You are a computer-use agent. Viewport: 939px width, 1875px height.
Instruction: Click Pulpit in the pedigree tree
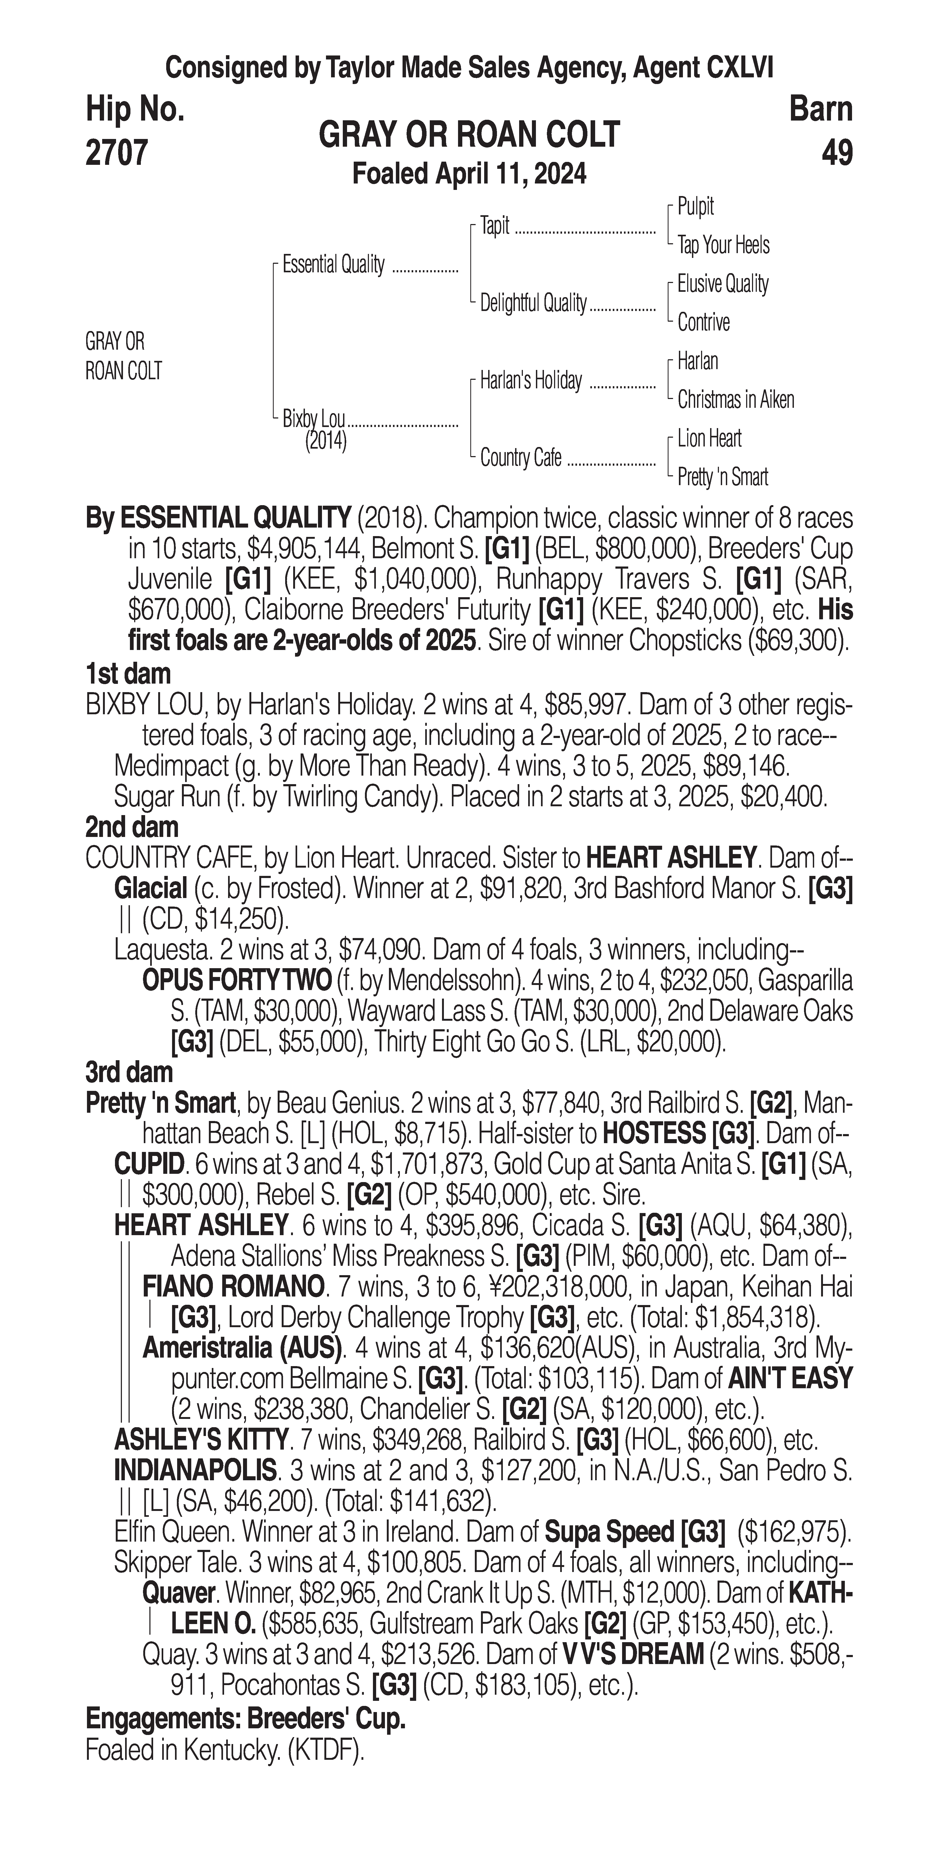click(x=695, y=207)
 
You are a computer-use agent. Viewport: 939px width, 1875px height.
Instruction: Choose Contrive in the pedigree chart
click(x=703, y=322)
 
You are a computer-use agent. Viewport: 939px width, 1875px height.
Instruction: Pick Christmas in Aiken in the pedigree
click(x=735, y=400)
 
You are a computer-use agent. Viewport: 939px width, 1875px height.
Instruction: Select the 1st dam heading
click(x=128, y=674)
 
